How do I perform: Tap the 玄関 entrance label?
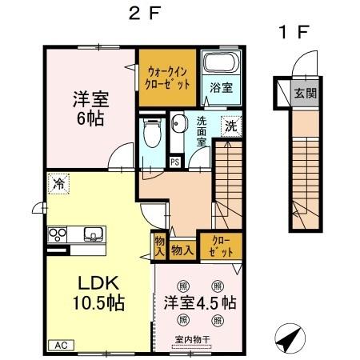(x=306, y=92)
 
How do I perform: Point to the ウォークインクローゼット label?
(x=167, y=76)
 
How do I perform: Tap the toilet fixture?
(x=149, y=134)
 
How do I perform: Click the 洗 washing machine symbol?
(x=230, y=126)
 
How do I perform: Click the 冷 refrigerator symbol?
(x=58, y=183)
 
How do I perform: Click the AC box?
(x=60, y=345)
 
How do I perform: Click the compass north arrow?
(x=290, y=339)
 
